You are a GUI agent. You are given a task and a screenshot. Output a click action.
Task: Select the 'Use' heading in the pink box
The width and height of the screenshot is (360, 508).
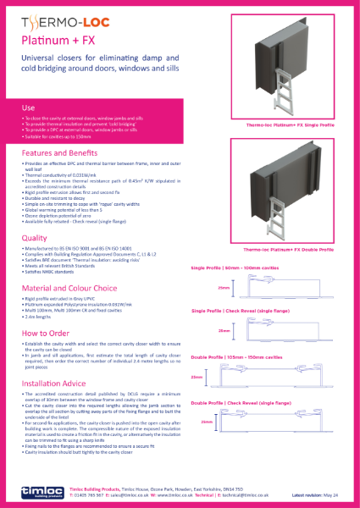point(28,108)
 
